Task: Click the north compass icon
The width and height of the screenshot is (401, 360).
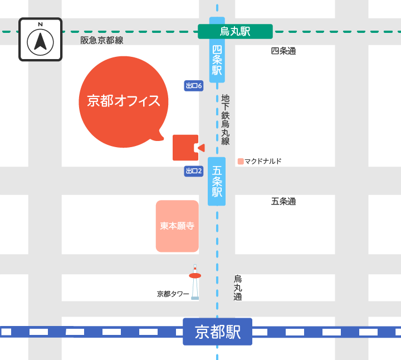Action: coord(41,39)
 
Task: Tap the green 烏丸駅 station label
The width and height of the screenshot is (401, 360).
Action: coord(235,32)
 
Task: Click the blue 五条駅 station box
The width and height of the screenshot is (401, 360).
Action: coord(217,181)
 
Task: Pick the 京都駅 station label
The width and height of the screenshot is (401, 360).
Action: coord(218,332)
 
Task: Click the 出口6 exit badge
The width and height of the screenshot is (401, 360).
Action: coord(193,86)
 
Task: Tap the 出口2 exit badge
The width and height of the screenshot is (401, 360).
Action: coord(193,171)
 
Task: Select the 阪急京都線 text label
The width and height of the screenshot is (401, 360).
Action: coord(102,40)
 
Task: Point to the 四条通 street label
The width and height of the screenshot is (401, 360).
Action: coord(283,51)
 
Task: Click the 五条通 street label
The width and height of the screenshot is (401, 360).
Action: coord(283,201)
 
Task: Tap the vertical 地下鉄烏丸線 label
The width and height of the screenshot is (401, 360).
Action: coord(226,119)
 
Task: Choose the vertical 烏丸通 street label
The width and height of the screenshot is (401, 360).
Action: coord(238,288)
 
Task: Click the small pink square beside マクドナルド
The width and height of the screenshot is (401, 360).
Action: coord(241,162)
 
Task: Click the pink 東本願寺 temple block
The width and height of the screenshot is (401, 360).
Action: coord(177,226)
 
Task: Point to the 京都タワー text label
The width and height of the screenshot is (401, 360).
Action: coord(173,294)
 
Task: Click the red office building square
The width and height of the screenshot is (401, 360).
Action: coord(184,148)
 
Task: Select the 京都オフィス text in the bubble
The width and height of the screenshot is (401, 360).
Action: coord(124,101)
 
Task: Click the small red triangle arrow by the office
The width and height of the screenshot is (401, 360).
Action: coord(201,148)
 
